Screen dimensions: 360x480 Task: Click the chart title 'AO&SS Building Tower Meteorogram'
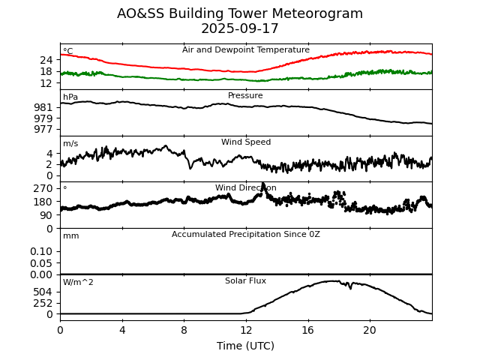coord(240,13)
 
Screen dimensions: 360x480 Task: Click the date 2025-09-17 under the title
coord(240,28)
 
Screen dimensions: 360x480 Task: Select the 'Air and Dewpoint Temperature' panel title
coord(245,50)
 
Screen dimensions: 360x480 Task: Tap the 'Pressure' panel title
coord(245,96)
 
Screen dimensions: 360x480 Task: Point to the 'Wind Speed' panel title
coord(245,142)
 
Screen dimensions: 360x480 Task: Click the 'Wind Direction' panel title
coord(245,188)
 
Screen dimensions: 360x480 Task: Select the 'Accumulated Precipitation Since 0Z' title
coord(245,235)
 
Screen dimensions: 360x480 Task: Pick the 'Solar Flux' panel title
coord(245,281)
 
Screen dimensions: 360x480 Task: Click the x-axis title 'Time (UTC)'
coord(245,346)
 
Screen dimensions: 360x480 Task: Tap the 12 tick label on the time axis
coord(246,330)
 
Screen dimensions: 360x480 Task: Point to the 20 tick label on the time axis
coord(370,330)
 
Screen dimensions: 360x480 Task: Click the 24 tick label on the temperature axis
coord(46,60)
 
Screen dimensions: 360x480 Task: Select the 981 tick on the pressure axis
coord(43,107)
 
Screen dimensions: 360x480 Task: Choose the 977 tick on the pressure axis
coord(43,130)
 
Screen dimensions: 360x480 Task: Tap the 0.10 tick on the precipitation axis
coord(42,252)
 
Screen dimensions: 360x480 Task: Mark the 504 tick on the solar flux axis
coord(43,292)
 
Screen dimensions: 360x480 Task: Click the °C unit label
coord(68,51)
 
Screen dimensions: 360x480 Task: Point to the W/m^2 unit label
coord(78,283)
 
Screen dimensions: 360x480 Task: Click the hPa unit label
coord(70,97)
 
